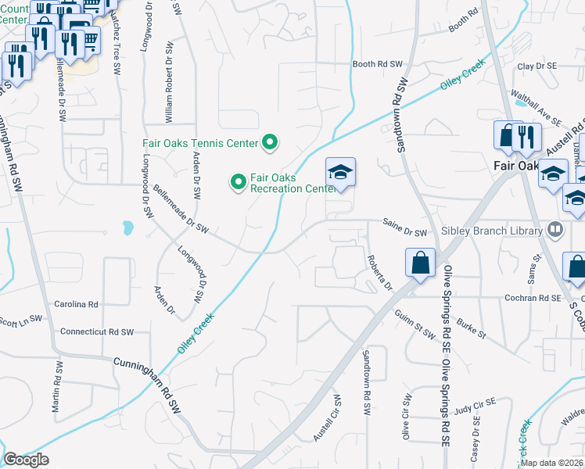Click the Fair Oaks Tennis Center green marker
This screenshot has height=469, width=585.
coord(271,142)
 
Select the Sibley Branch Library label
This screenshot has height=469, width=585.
coord(492,231)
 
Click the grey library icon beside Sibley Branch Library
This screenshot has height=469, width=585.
coord(555,230)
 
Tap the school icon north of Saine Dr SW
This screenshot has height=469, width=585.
coord(340,172)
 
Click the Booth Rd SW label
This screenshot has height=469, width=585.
coord(377,64)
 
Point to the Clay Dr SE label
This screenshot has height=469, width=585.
coord(536,67)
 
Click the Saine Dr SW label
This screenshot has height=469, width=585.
coord(405,231)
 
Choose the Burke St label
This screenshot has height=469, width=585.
coord(472,328)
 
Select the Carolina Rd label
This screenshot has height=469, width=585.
coord(76,303)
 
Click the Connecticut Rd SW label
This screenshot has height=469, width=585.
coord(97,332)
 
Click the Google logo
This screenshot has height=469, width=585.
coord(25,460)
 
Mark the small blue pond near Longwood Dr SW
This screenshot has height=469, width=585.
coord(127,228)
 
